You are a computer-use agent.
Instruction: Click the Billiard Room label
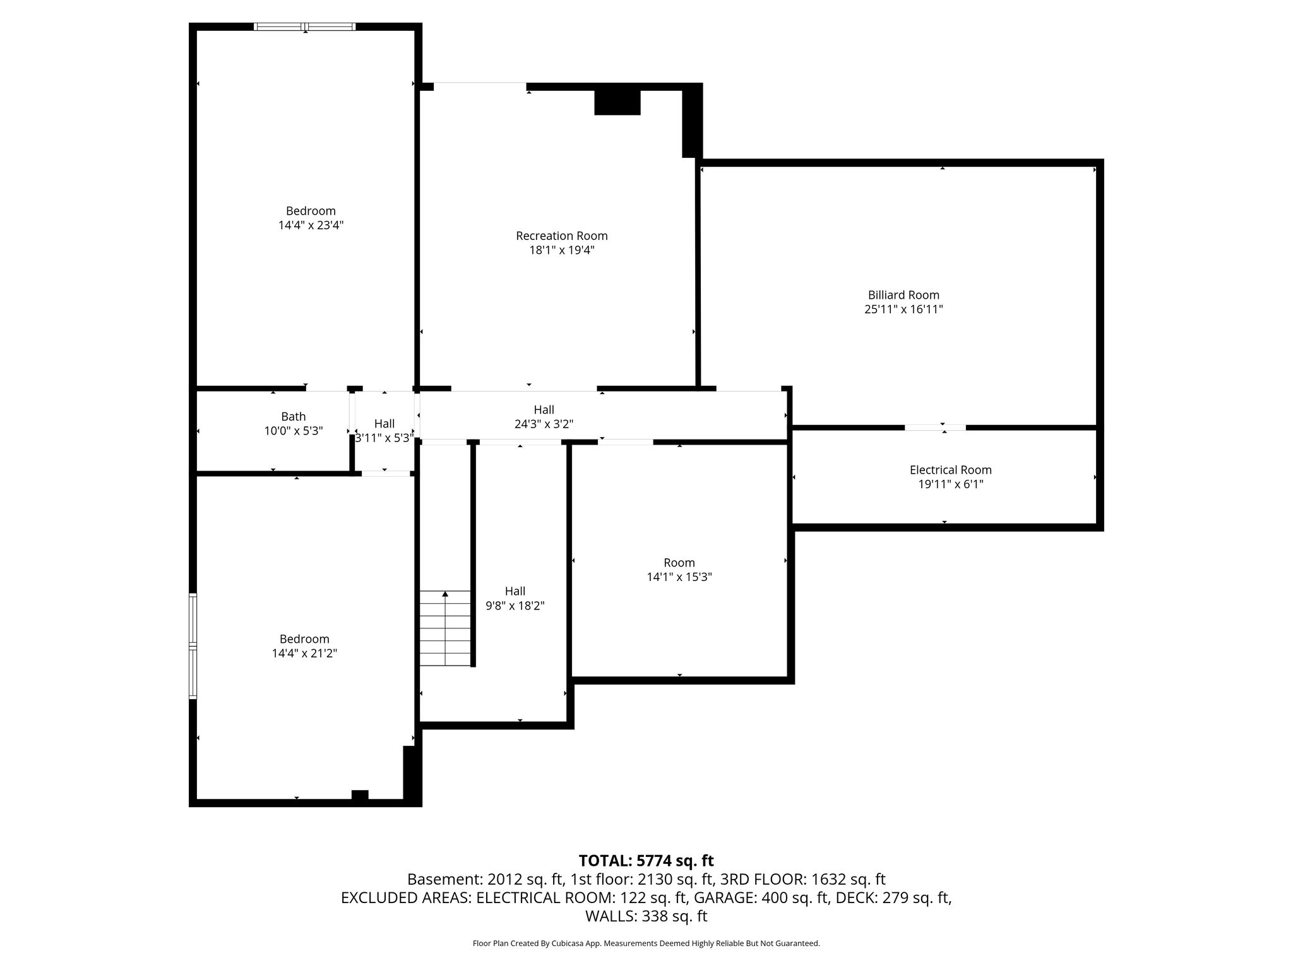(x=903, y=295)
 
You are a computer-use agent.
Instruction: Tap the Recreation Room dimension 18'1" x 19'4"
(x=562, y=250)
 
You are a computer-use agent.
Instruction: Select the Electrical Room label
(x=950, y=470)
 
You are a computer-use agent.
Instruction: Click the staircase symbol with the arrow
(x=446, y=628)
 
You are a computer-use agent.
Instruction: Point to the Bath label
(x=294, y=417)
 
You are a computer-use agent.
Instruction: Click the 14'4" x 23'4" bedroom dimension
(x=311, y=225)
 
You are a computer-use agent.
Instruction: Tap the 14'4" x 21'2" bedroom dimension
(x=304, y=653)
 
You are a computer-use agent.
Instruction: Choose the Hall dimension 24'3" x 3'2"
(x=544, y=424)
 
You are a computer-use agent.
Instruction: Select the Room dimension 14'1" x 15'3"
(x=679, y=577)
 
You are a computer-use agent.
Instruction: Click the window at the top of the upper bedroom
(x=305, y=27)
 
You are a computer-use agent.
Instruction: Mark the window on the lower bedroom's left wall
(x=193, y=645)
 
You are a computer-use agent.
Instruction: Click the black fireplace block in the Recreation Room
(x=617, y=102)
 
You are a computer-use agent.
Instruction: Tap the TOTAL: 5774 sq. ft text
(x=646, y=861)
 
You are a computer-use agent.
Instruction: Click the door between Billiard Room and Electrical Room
(x=935, y=428)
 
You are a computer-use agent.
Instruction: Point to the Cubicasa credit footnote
(x=646, y=943)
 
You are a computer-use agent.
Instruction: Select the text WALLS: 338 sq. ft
(x=646, y=916)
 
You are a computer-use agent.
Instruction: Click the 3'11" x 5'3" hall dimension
(x=384, y=438)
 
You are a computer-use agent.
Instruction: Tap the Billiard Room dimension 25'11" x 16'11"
(x=903, y=309)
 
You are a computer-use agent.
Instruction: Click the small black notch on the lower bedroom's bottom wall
(x=360, y=794)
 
